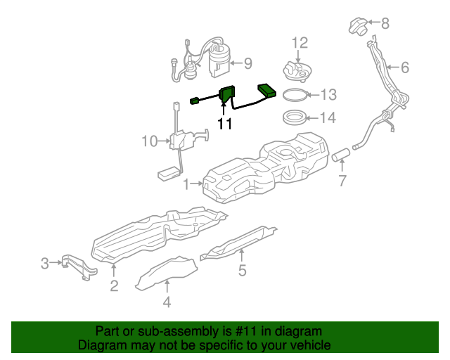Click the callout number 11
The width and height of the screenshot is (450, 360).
pos(224,124)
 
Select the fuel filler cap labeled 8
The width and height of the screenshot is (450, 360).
pos(356,27)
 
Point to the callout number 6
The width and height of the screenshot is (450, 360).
pos(404,68)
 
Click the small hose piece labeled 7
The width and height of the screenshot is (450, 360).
pos(342,153)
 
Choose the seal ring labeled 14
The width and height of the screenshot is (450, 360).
pos(294,117)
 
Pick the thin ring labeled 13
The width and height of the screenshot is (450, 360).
pos(294,94)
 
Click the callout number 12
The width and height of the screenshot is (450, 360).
pos(300,43)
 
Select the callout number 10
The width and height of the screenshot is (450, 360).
pos(149,141)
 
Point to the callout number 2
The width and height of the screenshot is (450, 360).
pos(114,285)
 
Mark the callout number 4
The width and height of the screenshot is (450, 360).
pos(167,303)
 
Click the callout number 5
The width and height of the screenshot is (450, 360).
pos(242,270)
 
